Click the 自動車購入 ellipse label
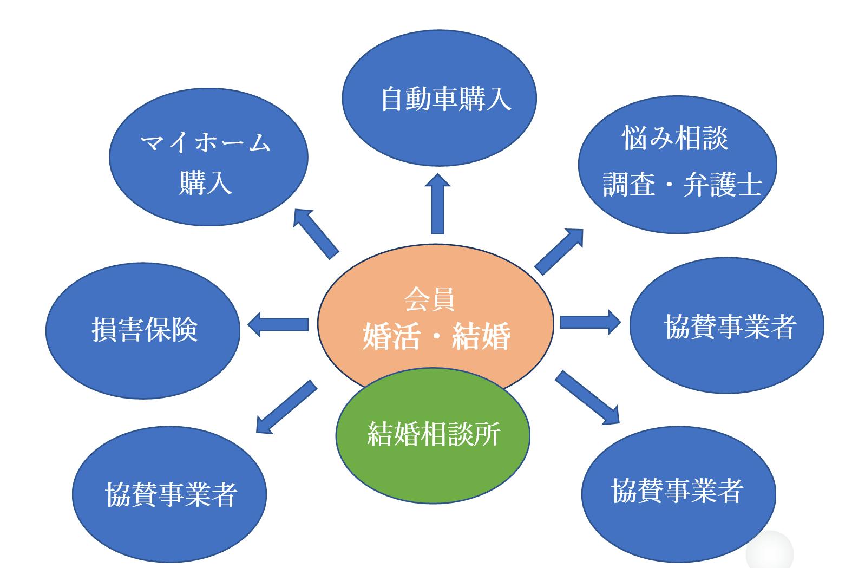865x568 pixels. click(445, 100)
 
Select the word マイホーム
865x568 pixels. click(205, 143)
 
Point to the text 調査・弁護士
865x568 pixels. click(682, 185)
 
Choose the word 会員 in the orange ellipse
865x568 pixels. click(429, 299)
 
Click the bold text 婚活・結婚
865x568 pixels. click(436, 336)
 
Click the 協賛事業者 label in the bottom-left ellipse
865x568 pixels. click(171, 494)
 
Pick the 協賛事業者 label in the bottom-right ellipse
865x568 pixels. click(677, 491)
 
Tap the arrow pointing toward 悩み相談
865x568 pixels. click(559, 251)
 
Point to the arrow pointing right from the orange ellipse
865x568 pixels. click(591, 322)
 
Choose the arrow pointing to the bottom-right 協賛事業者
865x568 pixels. click(588, 397)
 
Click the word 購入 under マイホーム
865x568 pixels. click(206, 182)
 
